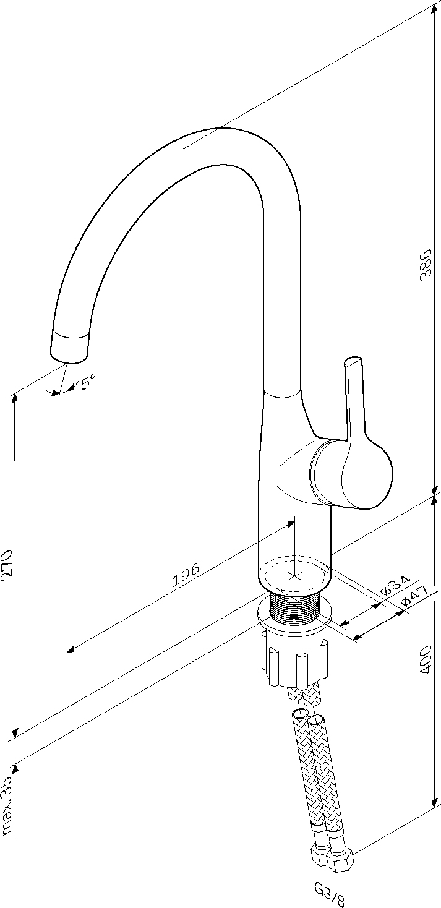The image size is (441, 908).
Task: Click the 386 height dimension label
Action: (425, 265)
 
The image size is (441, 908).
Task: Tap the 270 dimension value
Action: (7, 563)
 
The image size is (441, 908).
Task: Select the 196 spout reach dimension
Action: (186, 575)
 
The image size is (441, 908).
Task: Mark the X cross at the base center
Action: (294, 576)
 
